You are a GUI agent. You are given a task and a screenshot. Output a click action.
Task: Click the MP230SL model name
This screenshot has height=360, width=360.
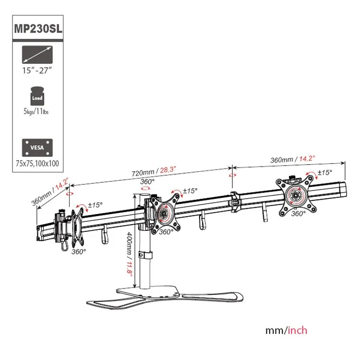(x=38, y=28)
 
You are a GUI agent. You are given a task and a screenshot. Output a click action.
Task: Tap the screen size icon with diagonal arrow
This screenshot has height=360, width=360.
(x=37, y=55)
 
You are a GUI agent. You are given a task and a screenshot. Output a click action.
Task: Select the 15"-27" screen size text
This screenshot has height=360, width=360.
(x=37, y=70)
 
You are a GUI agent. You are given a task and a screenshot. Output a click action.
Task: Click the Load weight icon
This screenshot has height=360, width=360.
(x=37, y=96)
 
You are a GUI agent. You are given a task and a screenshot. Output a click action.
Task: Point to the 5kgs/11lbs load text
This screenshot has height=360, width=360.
(x=36, y=111)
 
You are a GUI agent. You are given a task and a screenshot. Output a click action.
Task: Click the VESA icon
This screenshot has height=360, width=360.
(x=37, y=148)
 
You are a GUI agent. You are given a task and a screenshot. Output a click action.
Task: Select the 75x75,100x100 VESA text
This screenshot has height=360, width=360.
(x=37, y=164)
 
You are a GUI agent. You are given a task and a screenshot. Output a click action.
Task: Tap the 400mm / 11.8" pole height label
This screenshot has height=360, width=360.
(x=130, y=254)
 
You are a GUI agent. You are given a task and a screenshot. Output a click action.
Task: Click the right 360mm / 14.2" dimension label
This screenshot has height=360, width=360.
(x=292, y=159)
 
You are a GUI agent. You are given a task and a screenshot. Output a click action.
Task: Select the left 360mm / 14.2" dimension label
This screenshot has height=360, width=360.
(x=50, y=192)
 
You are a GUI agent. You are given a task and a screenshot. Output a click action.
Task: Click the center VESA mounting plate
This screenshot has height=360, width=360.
(x=165, y=212)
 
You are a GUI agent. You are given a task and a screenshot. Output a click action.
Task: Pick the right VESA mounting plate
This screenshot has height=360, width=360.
(x=296, y=195)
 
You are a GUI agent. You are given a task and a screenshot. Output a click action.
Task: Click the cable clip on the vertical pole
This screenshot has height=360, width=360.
(x=145, y=255)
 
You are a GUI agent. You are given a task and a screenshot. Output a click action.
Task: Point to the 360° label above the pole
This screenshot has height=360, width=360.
(x=147, y=181)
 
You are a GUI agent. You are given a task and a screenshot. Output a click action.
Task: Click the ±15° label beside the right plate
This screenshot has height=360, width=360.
(x=325, y=172)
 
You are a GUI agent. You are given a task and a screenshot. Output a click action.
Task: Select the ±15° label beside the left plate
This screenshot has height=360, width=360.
(x=96, y=205)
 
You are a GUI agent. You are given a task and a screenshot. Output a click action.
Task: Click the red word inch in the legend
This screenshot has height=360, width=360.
(x=297, y=330)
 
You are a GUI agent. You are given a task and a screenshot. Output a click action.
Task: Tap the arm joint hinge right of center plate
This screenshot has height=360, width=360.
(x=234, y=202)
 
